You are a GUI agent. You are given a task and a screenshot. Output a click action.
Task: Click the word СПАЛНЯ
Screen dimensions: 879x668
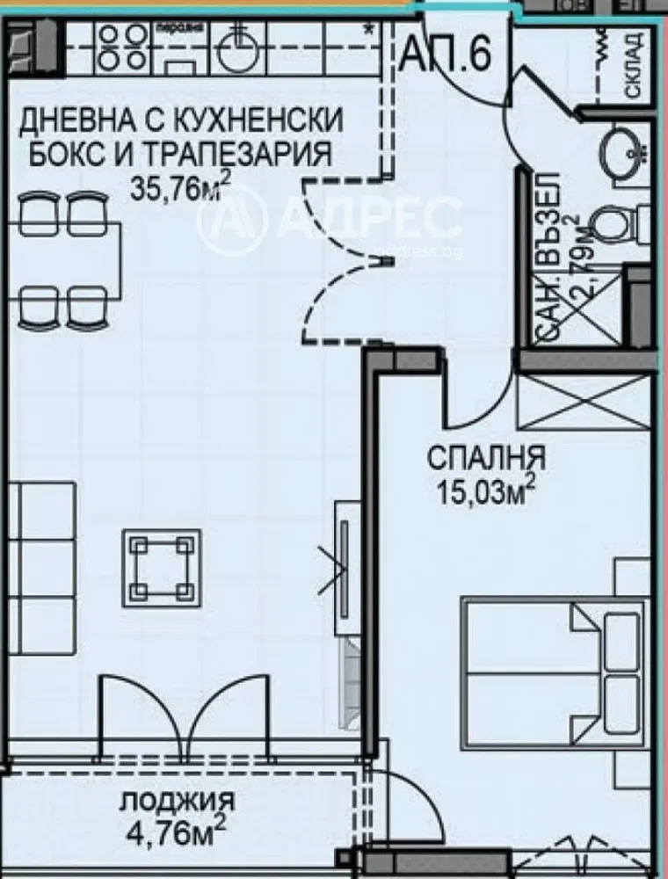point(486,458)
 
